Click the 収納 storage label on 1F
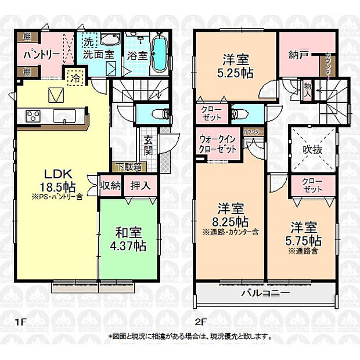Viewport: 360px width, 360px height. (110, 186)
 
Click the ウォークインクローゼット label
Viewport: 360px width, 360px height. (218, 144)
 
